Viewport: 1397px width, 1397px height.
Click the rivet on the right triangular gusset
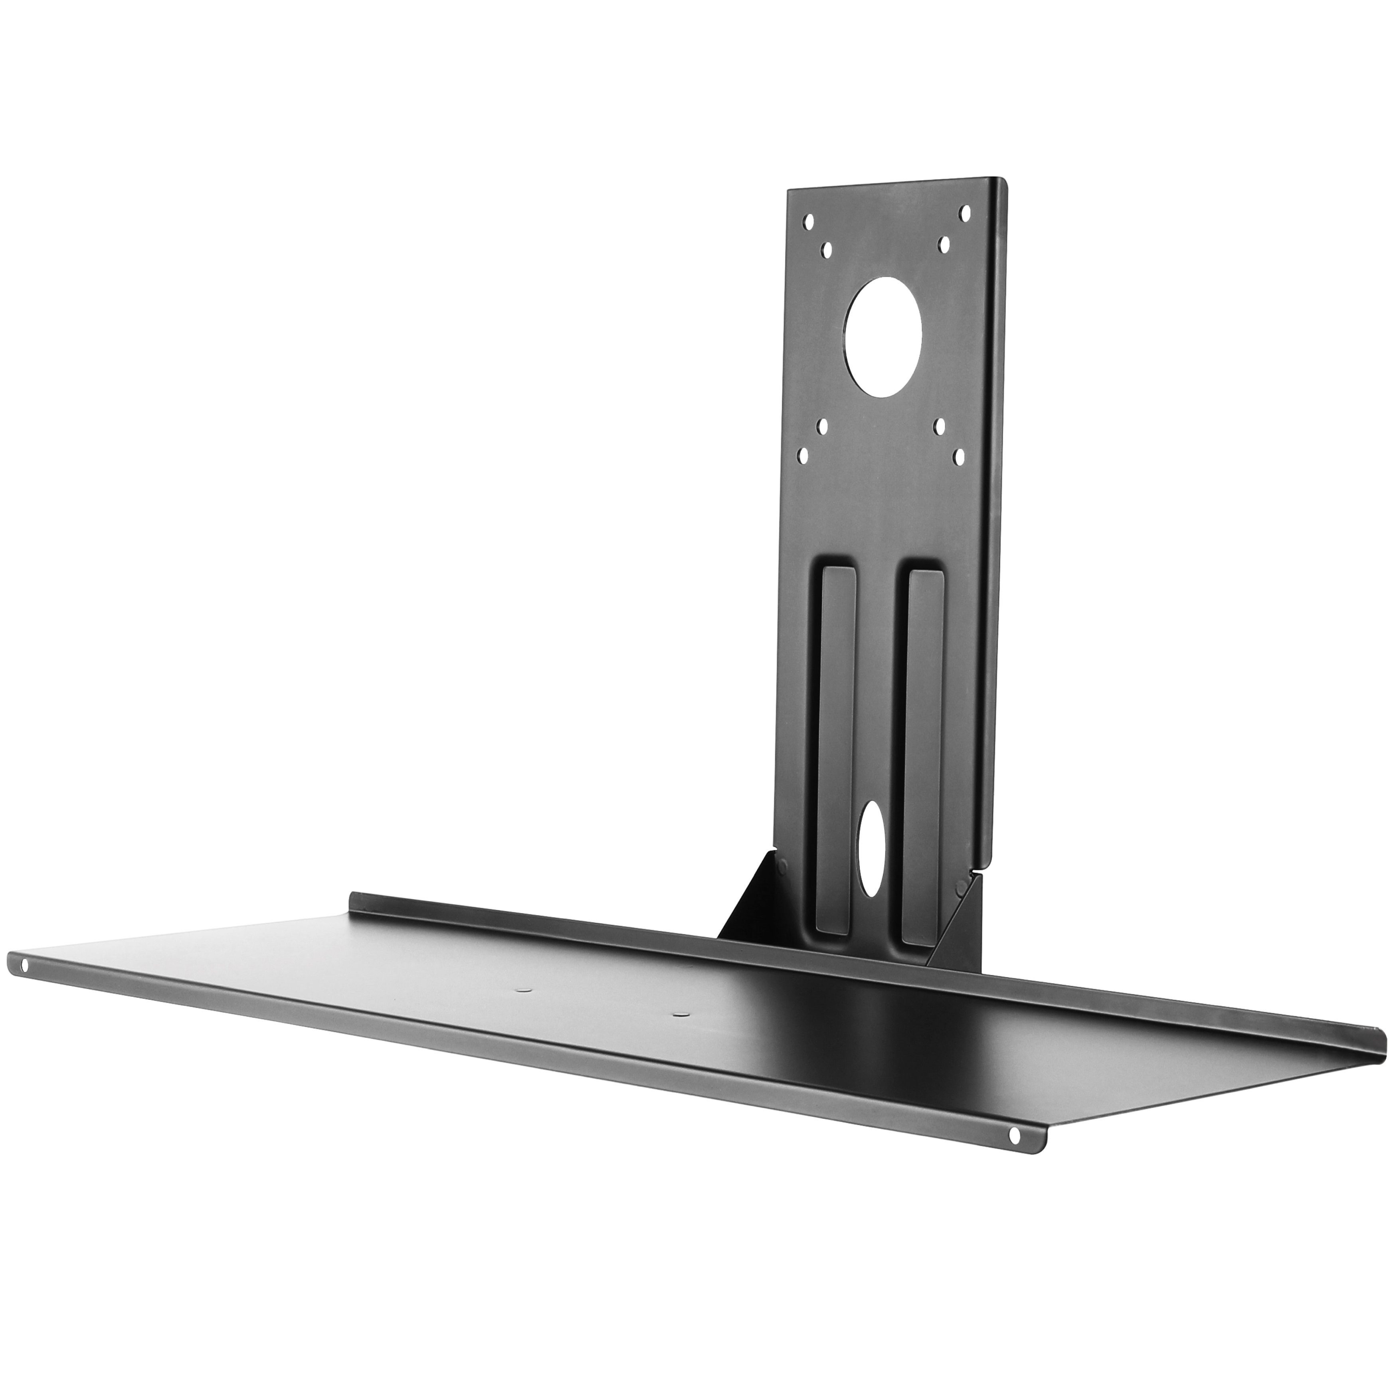click(960, 885)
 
